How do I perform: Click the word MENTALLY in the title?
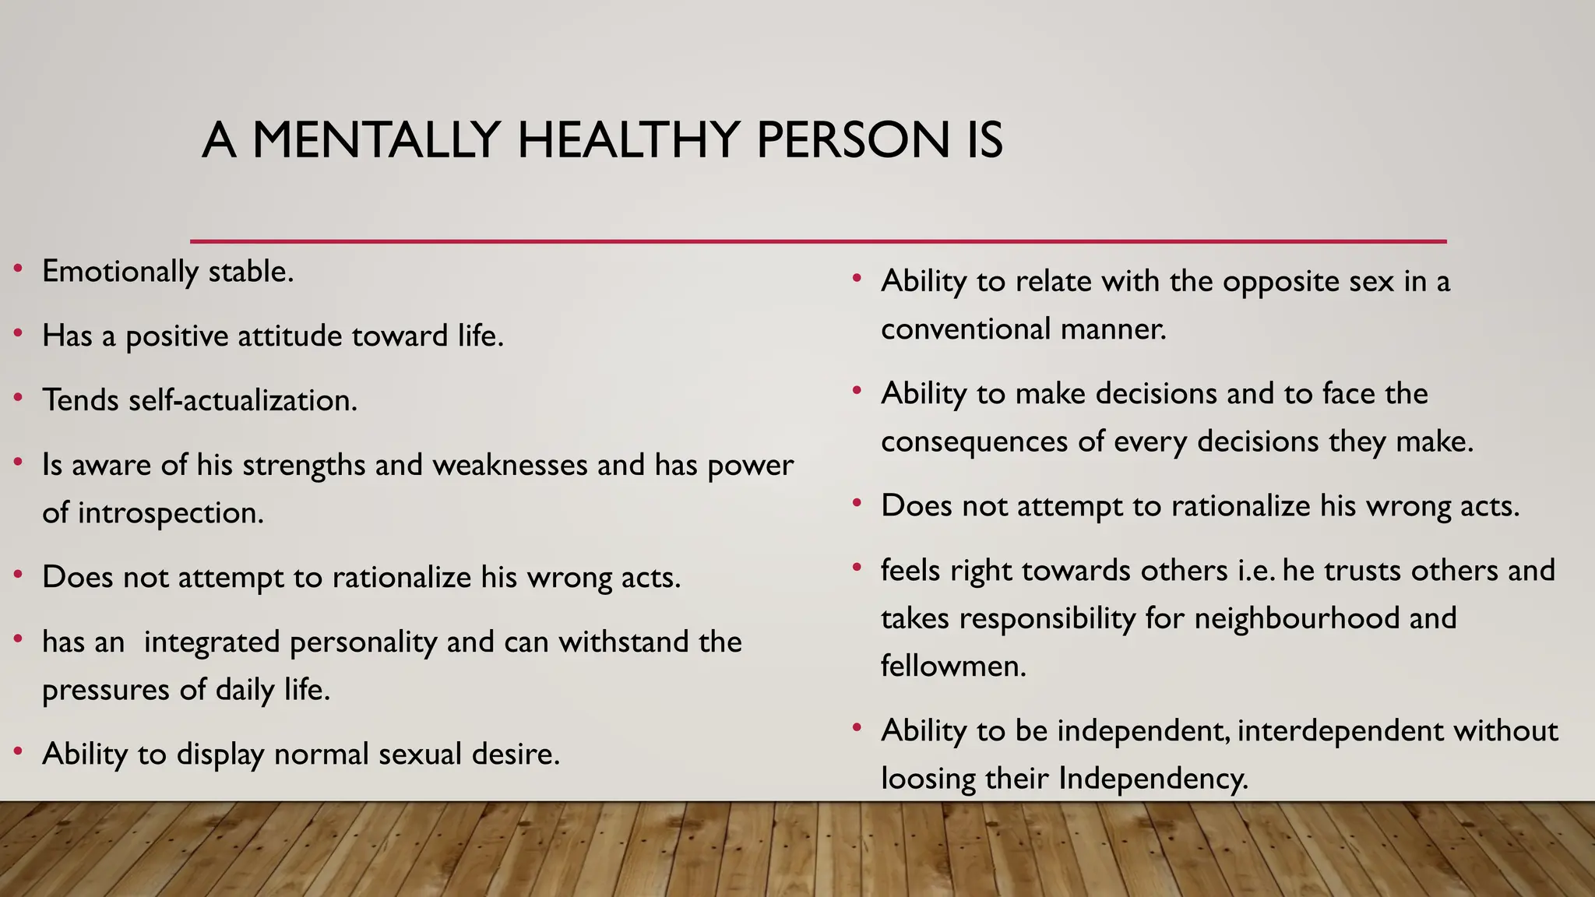click(x=375, y=140)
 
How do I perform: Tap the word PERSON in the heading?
click(x=852, y=140)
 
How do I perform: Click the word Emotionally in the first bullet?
click(x=121, y=272)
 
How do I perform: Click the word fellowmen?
click(x=953, y=667)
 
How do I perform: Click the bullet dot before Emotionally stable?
click(x=18, y=269)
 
